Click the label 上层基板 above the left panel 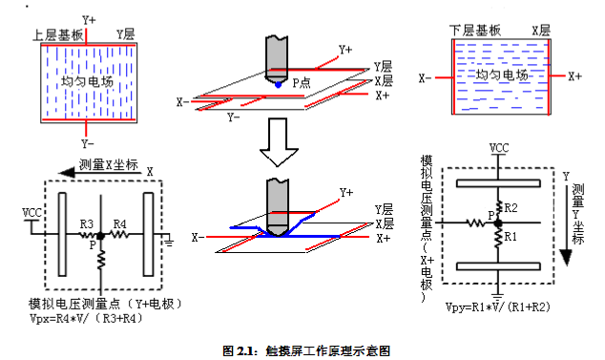(57, 32)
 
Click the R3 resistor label (86, 224)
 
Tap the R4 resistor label (120, 224)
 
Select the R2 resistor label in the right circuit (511, 207)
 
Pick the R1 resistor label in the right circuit (511, 234)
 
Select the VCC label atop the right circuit (498, 148)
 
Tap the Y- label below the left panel (88, 143)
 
